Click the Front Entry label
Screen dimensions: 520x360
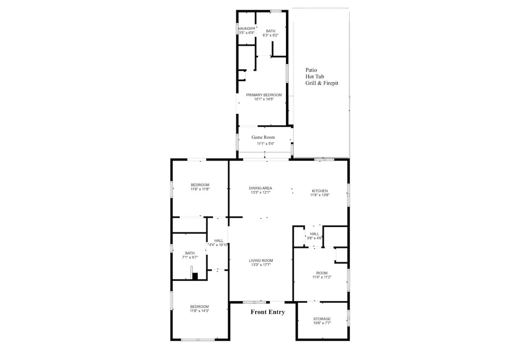[x=268, y=312]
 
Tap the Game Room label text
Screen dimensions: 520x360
[x=263, y=137]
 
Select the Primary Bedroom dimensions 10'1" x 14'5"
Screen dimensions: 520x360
[x=264, y=99]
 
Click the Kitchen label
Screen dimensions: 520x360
[x=320, y=191]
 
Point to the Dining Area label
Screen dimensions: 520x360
[x=260, y=188]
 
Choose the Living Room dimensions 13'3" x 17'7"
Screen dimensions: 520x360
[x=261, y=265]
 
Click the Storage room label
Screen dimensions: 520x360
[x=322, y=319]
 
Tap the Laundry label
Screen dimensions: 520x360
[x=247, y=29]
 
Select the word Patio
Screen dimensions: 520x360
[x=311, y=70]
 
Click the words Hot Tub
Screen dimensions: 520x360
[x=315, y=76]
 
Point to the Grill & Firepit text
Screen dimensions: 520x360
[x=322, y=83]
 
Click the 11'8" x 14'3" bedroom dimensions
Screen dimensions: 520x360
[x=199, y=311]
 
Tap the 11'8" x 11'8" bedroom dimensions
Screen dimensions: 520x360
[x=200, y=189]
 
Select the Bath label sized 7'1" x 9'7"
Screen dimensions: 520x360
[x=190, y=253]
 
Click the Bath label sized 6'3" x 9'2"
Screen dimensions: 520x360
[x=270, y=31]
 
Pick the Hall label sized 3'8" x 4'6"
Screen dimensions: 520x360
[x=315, y=234]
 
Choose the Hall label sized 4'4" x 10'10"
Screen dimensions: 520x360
[x=219, y=241]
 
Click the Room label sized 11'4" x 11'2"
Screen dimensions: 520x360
[x=322, y=273]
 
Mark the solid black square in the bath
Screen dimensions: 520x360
[x=195, y=276]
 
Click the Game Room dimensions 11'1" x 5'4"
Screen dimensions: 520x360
[x=265, y=144]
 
